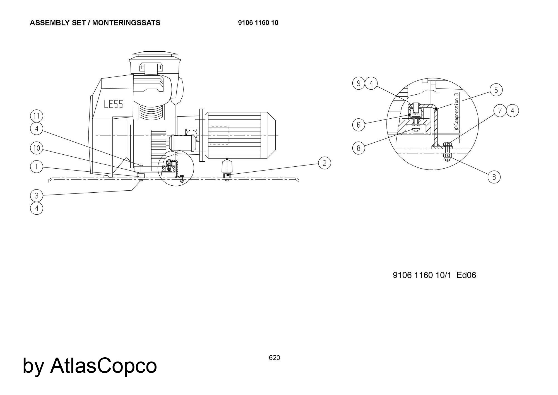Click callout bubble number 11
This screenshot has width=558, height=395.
[x=37, y=116]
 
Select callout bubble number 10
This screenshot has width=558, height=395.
[x=37, y=148]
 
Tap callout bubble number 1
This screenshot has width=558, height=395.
[x=37, y=167]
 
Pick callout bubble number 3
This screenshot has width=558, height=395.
[x=37, y=196]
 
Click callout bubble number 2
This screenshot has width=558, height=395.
[x=324, y=163]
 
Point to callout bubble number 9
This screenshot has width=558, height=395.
[x=359, y=83]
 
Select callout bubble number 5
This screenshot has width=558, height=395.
[x=496, y=90]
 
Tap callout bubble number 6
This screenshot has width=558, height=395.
[x=359, y=125]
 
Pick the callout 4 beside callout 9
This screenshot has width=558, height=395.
[x=371, y=83]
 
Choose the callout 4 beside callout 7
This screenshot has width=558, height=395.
[x=512, y=111]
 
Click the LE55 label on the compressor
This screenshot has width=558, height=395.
[x=114, y=104]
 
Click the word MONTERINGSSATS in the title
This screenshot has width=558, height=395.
[x=126, y=23]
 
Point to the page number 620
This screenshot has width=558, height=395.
[x=274, y=358]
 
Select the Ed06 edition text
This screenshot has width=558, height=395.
[x=466, y=275]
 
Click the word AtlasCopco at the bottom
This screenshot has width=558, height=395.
[x=104, y=365]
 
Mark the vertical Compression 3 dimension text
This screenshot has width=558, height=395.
[x=456, y=112]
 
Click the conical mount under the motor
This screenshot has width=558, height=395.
[x=227, y=166]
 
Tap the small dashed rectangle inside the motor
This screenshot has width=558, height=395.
[x=219, y=135]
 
